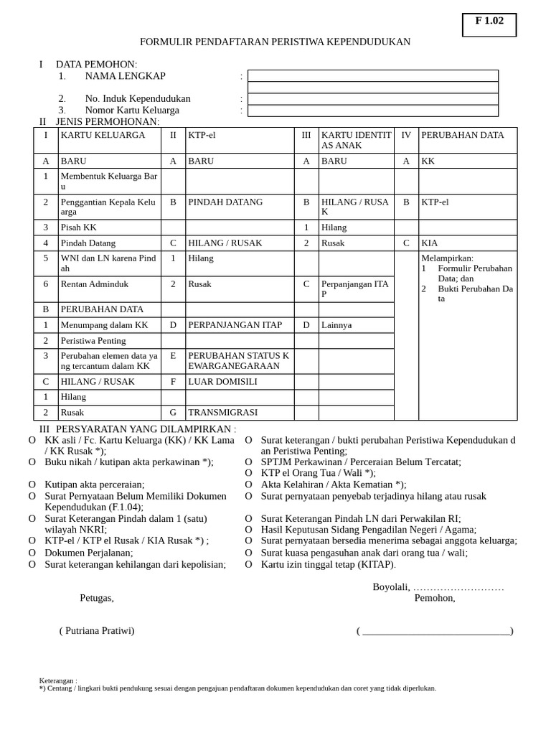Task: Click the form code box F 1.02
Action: pos(489,24)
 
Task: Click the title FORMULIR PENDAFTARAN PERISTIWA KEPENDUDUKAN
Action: pos(275,42)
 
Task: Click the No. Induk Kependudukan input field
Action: pos(372,99)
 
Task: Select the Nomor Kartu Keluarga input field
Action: pos(372,111)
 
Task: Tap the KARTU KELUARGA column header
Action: pos(103,135)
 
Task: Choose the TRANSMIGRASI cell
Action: pos(222,413)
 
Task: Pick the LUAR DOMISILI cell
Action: pos(222,382)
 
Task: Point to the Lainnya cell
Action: pos(336,325)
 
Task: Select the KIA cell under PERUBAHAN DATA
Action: pos(430,243)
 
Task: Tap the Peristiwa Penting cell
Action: pos(93,341)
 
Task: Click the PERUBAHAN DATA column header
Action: pos(462,135)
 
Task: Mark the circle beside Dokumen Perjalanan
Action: pos(32,553)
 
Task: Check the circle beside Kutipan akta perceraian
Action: pos(32,485)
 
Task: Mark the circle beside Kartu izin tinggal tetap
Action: pos(249,565)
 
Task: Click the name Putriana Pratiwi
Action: pos(97,631)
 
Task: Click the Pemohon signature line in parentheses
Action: pos(435,632)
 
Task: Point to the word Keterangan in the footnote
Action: pos(57,680)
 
